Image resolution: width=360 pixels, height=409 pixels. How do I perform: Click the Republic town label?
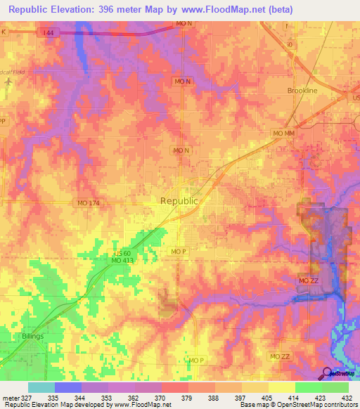coord(179,200)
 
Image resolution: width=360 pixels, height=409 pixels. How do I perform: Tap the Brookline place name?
coord(303,91)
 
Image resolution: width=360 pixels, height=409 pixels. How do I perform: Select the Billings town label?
coord(37,337)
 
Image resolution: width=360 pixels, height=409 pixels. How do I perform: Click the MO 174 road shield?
coord(89,203)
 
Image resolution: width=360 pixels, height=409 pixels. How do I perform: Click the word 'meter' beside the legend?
coord(10,398)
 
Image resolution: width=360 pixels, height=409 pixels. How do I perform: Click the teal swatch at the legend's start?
coord(41,387)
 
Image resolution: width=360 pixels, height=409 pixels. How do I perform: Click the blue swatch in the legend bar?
coord(67,387)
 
